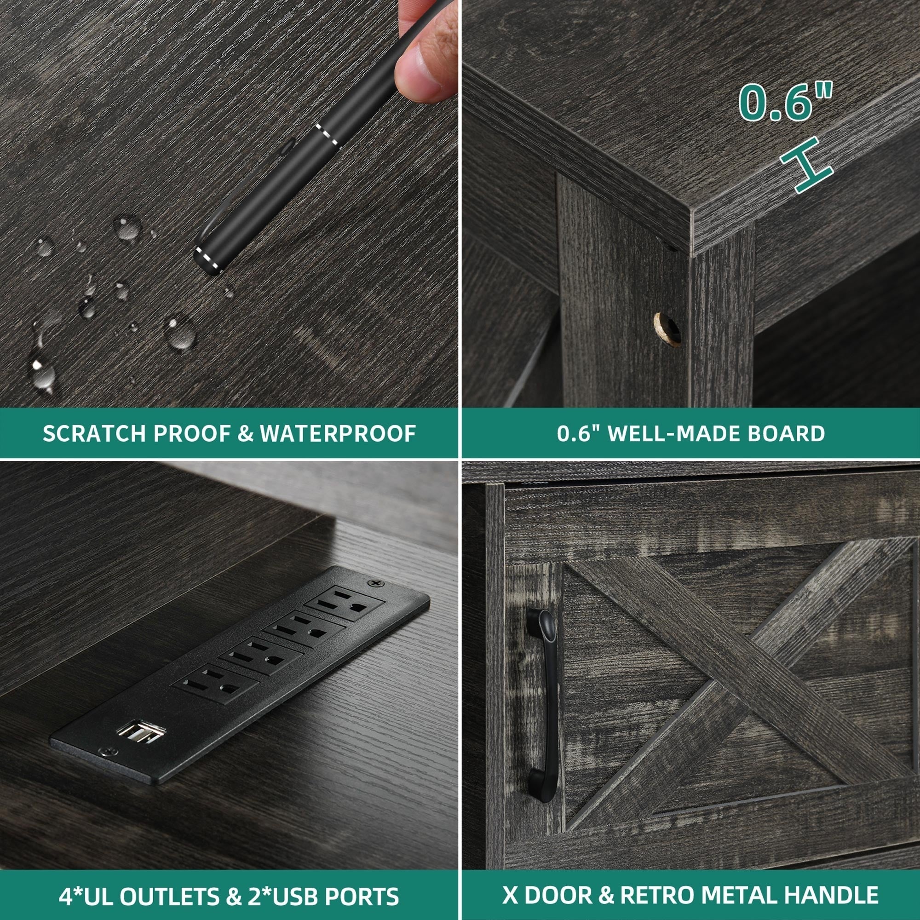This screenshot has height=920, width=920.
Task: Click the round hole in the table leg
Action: [667, 328]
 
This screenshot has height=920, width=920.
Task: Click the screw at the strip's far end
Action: [377, 583]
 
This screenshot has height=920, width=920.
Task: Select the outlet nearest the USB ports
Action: [215, 682]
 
